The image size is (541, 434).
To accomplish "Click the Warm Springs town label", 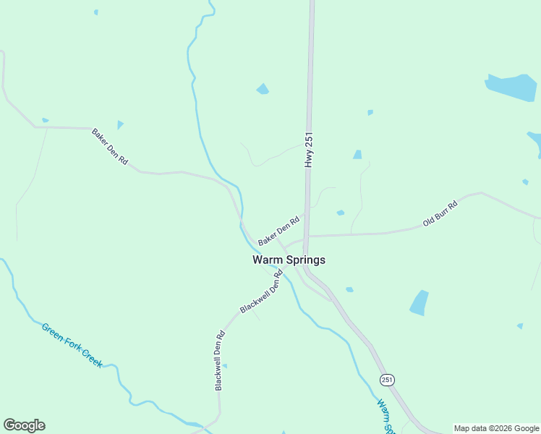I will pos(289,260).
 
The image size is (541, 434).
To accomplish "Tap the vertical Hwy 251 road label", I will pos(309,150).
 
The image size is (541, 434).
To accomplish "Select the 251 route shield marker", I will pos(388,380).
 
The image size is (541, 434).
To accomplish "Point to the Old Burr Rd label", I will pos(440,215).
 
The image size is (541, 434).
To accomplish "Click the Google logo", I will pos(24,425).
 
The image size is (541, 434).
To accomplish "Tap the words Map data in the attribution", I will pos(471,428).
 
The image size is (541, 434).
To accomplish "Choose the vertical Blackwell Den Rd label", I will pos(220,361).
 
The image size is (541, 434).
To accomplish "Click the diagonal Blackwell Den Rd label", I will pos(261,291).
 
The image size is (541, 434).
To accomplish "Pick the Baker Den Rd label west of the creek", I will pos(109,147).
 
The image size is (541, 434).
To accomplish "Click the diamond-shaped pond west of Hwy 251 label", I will pos(263,89).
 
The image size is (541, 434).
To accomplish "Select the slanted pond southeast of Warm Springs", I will pos(419,302).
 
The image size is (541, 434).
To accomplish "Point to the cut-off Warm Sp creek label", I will pos(385,416).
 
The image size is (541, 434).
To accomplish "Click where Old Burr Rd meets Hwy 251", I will pos(307,236).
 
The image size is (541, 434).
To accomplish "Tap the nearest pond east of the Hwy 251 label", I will pos(357,154).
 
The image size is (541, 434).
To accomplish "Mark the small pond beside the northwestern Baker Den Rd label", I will pos(120,124).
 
